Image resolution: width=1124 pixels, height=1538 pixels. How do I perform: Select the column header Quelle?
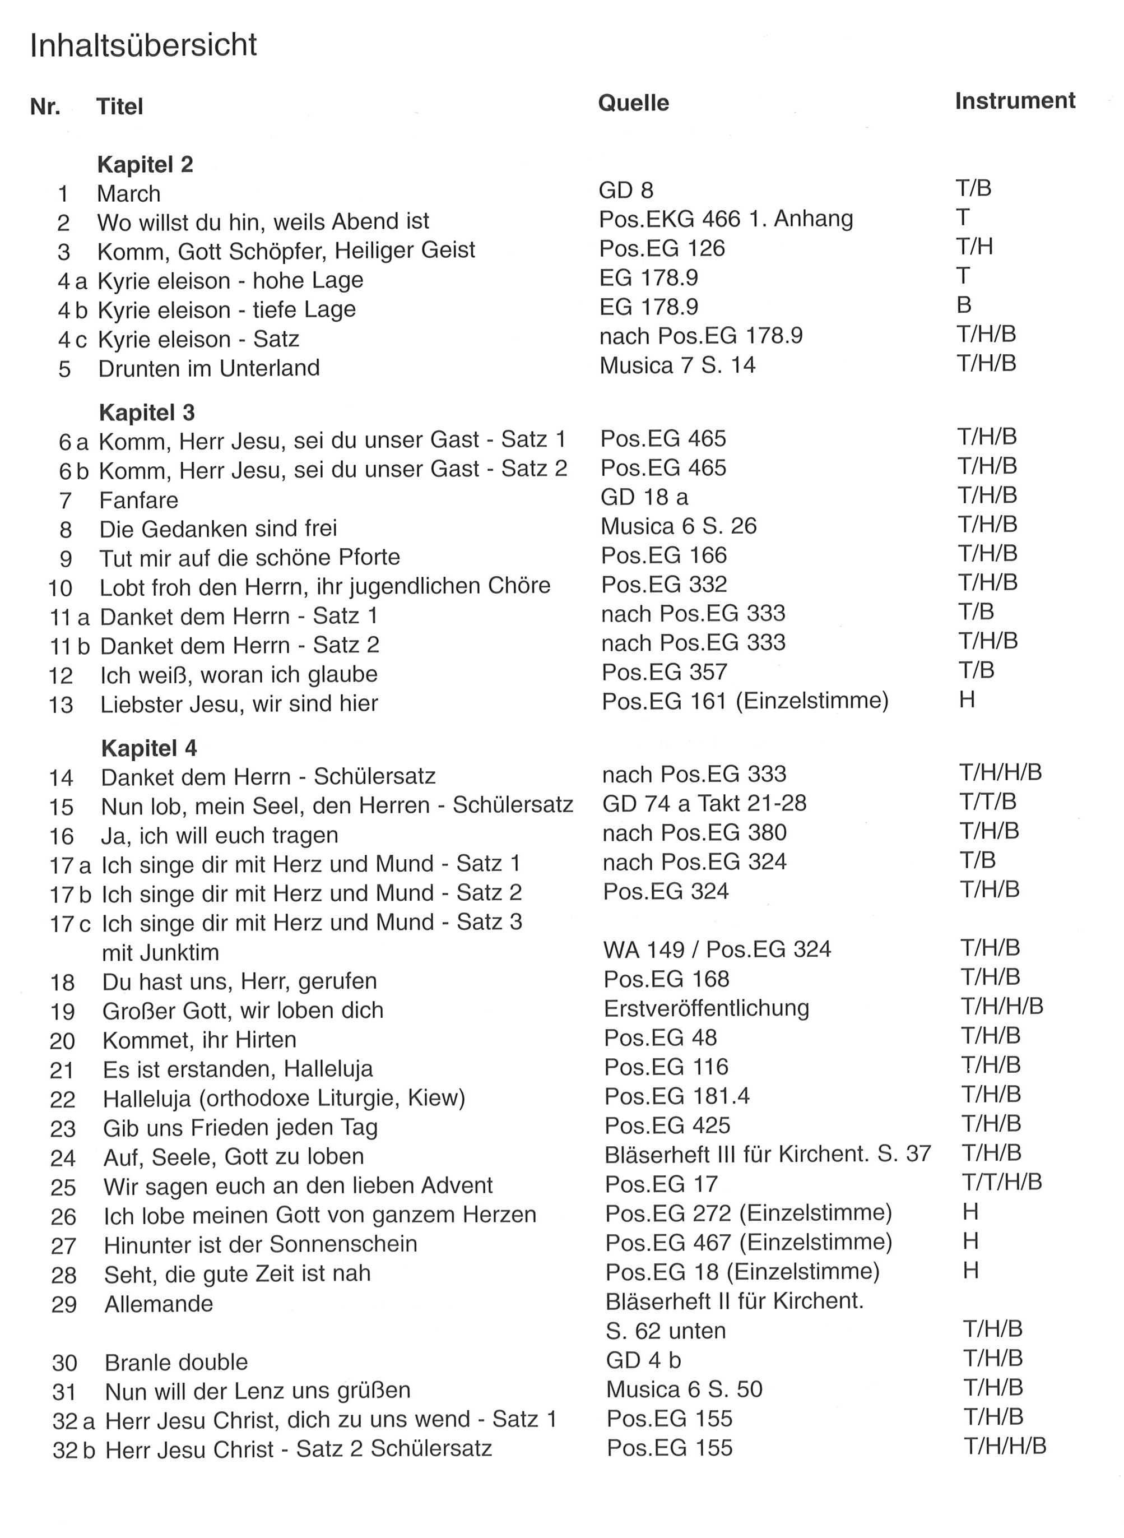[633, 104]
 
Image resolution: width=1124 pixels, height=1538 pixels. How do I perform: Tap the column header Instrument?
[1014, 101]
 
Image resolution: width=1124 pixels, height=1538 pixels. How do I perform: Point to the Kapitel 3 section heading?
[147, 413]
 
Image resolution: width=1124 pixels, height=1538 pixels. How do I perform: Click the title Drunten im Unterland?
[209, 368]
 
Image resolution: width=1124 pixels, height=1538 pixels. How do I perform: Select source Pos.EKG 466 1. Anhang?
[725, 219]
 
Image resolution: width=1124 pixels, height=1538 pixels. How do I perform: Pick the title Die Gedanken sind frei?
[218, 529]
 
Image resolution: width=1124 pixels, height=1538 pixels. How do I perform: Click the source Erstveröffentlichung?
[706, 1008]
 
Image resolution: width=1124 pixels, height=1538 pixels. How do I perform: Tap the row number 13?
[61, 705]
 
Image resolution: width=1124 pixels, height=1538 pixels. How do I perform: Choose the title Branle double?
[175, 1363]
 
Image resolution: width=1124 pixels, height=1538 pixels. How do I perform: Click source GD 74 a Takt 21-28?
[704, 803]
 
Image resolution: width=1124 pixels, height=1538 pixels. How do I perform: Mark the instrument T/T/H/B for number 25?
[1001, 1182]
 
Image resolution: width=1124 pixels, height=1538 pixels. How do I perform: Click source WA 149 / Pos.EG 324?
[717, 949]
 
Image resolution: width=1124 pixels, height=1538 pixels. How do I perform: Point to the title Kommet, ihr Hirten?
[199, 1040]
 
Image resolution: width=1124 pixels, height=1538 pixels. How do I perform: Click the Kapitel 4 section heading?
[149, 749]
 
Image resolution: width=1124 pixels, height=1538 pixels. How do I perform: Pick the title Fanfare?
[139, 500]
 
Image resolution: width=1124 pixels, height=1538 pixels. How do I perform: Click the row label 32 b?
[73, 1450]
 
